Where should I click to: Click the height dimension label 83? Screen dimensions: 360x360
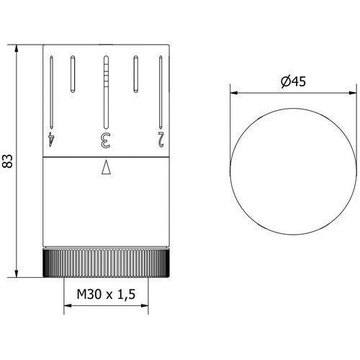[7, 161]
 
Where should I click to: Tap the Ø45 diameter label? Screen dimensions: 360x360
[293, 81]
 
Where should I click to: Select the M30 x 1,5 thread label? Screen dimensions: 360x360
[106, 294]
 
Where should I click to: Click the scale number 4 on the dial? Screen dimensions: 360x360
[52, 140]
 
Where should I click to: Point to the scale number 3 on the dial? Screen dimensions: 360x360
[105, 140]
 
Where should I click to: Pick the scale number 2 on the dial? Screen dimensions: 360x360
[161, 140]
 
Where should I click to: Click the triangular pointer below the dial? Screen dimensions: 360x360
[106, 167]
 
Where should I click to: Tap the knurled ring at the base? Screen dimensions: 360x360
[106, 263]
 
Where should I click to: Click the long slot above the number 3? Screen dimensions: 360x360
[106, 92]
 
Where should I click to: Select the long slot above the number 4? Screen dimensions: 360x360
[51, 92]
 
